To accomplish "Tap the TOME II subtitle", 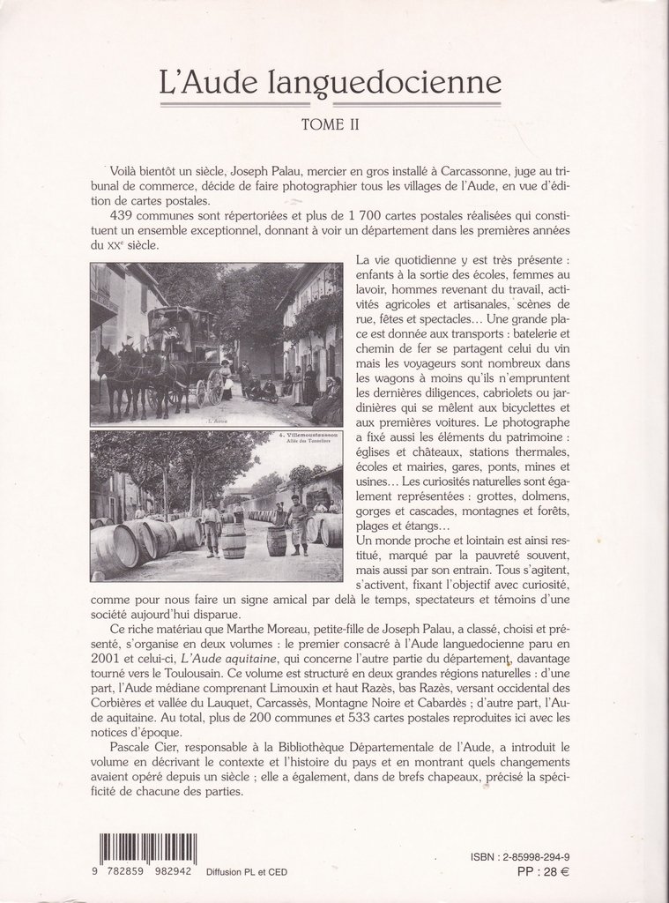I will click(330, 125).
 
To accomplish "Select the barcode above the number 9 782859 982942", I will click(147, 849).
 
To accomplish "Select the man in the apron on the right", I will click(298, 525).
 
